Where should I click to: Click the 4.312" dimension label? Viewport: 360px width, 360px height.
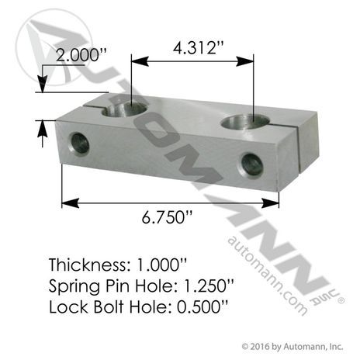198,48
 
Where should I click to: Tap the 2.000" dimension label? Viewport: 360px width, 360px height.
81,55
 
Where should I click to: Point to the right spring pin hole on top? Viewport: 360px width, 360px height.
245,122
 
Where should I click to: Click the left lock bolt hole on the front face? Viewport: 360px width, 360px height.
80,143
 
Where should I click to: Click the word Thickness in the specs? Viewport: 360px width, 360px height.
88,265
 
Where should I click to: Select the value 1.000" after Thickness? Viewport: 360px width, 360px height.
161,265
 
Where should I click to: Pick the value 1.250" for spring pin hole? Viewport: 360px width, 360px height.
209,286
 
